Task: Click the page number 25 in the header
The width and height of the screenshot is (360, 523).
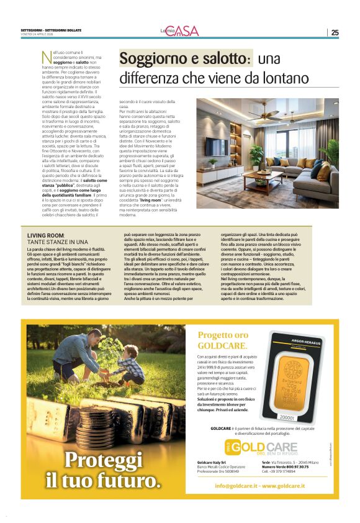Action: pyautogui.click(x=335, y=32)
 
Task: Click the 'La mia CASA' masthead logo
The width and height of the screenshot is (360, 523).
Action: pyautogui.click(x=179, y=30)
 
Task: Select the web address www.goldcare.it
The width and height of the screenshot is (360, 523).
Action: pyautogui.click(x=287, y=485)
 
